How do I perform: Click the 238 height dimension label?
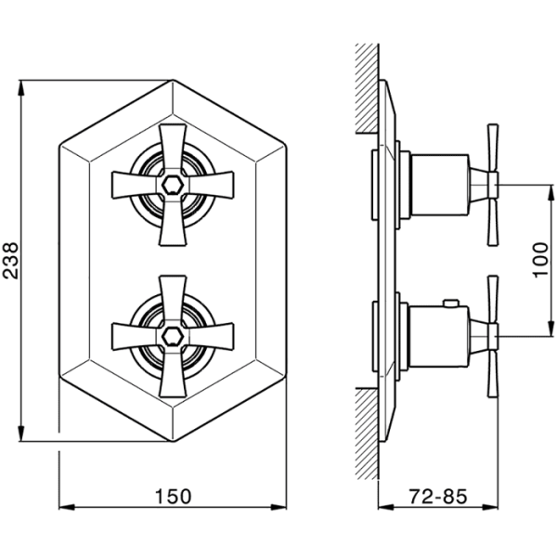(10, 261)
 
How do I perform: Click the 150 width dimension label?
(174, 497)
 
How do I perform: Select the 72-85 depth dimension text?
(437, 497)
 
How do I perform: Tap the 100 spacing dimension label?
(541, 260)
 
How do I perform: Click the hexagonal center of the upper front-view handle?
(173, 185)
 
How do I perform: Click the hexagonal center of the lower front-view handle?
(173, 336)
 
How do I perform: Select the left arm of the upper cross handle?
(135, 185)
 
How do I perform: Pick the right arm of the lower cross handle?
(211, 336)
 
